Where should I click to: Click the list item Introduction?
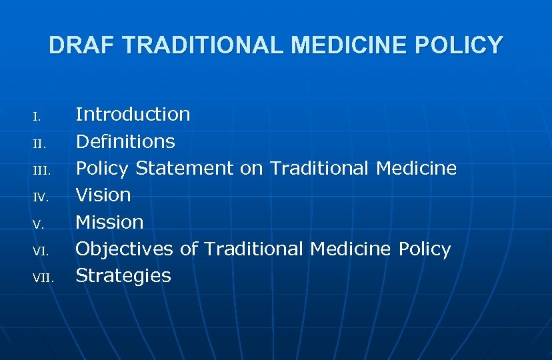pyautogui.click(x=133, y=115)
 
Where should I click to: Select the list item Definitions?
pyautogui.click(x=125, y=141)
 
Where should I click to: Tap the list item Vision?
pyautogui.click(x=103, y=195)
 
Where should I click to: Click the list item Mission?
pyautogui.click(x=109, y=222)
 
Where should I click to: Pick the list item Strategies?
pyautogui.click(x=123, y=276)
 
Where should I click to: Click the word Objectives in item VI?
pyautogui.click(x=125, y=249)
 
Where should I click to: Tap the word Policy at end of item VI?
pyautogui.click(x=425, y=249)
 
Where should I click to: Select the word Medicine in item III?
pyautogui.click(x=416, y=169)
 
